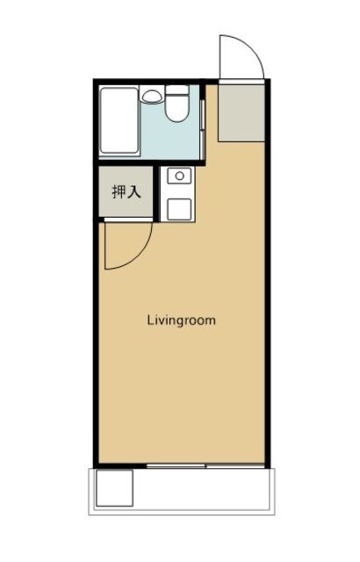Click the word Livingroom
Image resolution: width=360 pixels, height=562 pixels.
click(x=180, y=321)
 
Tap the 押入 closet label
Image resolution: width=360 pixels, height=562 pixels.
click(x=126, y=191)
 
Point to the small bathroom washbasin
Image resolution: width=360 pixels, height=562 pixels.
click(x=152, y=95)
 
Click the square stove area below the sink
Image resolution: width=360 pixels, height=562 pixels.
click(x=180, y=207)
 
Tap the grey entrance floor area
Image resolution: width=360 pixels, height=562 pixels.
click(x=239, y=112)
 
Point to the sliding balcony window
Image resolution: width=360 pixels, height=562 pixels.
click(x=205, y=465)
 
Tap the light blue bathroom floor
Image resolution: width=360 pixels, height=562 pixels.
click(x=180, y=140)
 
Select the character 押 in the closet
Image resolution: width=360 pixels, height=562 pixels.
click(x=118, y=191)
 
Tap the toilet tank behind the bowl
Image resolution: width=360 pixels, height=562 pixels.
click(x=178, y=90)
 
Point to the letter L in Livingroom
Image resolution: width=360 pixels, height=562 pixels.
click(x=149, y=321)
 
